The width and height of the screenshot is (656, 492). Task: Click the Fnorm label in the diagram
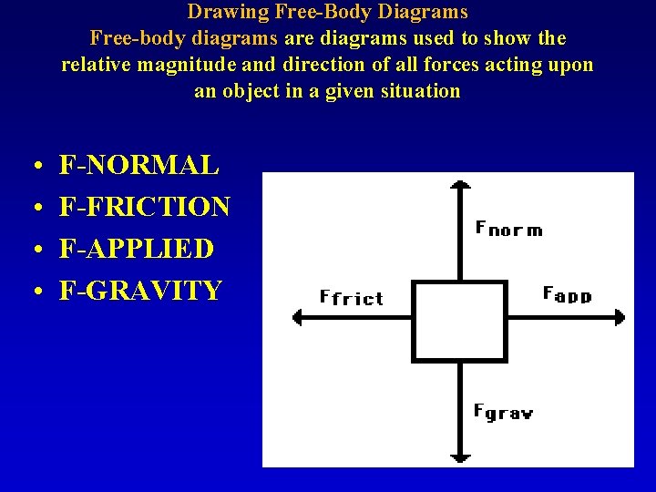(508, 228)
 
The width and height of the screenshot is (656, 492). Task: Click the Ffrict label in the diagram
(352, 297)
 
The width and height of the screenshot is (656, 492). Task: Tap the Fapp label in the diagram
(567, 294)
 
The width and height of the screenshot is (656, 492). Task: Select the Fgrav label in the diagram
(503, 412)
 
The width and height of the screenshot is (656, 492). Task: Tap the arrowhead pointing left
(298, 317)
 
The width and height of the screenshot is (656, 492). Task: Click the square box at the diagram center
(459, 320)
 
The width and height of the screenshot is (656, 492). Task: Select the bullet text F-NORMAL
(138, 165)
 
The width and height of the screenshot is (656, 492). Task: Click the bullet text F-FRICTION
(144, 207)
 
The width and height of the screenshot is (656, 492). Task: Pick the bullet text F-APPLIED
(137, 249)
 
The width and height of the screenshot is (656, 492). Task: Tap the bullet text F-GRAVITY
(140, 291)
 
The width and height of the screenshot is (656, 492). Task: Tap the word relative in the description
(94, 65)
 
